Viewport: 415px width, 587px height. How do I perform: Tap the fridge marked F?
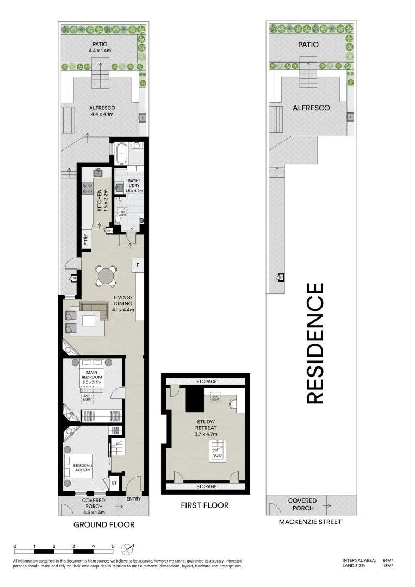tap(138, 265)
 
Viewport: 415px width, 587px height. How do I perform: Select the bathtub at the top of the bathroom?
tap(120, 154)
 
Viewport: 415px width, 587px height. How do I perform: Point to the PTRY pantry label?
tap(86, 241)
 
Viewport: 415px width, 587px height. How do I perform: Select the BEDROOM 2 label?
tap(82, 466)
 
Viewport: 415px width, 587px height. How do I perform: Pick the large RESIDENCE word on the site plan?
tap(315, 344)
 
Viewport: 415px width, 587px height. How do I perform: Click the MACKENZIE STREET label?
tap(309, 522)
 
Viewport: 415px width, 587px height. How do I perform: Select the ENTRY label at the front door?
tap(133, 498)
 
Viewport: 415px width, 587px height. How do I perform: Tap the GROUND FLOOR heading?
tap(104, 525)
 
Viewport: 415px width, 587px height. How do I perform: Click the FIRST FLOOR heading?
tap(205, 505)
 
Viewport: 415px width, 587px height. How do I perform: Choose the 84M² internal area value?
tap(387, 560)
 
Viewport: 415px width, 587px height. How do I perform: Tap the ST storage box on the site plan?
tap(281, 278)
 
